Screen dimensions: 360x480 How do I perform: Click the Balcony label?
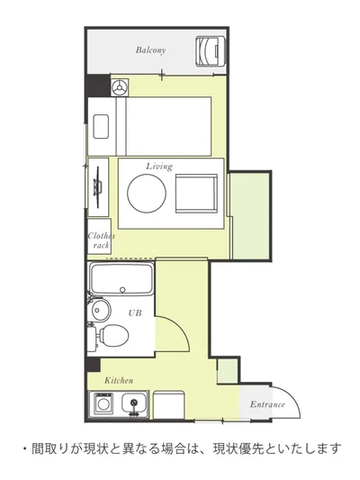point(150,50)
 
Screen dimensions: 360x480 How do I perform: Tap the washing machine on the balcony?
point(211,50)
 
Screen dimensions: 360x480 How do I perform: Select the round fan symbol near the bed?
point(120,87)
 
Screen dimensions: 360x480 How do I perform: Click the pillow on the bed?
point(101,126)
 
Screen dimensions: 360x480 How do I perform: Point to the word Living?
point(159,167)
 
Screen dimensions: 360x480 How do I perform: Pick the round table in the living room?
point(147,193)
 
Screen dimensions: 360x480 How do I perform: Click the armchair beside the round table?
point(196,194)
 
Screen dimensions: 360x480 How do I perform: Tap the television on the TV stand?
point(98,187)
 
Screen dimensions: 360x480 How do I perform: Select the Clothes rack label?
point(101,240)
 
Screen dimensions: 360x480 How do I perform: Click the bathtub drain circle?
point(122,289)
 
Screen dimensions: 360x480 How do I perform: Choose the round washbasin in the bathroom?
point(100,310)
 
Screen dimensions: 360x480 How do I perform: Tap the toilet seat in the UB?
point(113,334)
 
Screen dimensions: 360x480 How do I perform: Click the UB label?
point(135,312)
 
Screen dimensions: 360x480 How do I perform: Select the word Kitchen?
point(119,381)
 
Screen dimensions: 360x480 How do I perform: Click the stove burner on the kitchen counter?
point(103,403)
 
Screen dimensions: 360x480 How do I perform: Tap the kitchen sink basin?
point(134,403)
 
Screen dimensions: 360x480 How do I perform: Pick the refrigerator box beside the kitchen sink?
point(169,405)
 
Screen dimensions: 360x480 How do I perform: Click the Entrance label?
point(267,404)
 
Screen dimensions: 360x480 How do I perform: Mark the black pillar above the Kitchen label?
point(94,365)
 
